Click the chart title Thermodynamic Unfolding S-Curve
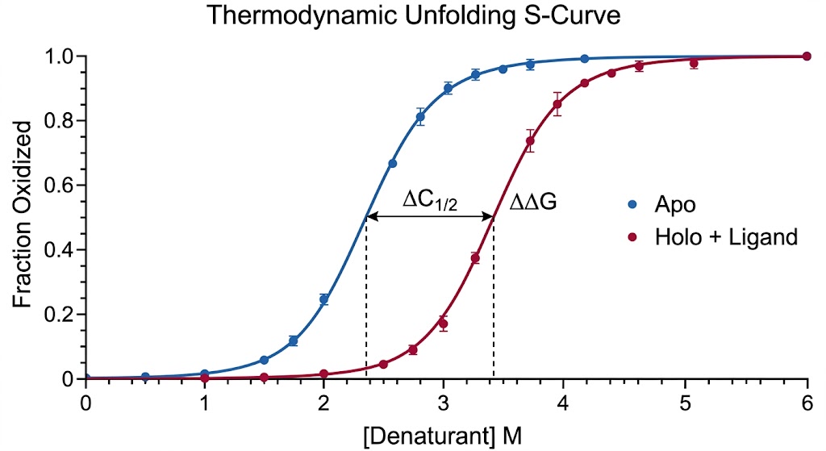point(413,16)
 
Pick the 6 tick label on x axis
point(806,399)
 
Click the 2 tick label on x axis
point(324,399)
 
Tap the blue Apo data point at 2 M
point(324,299)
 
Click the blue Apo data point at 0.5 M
point(145,377)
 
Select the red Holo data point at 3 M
point(443,324)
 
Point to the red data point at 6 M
point(806,56)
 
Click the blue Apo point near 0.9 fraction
point(448,88)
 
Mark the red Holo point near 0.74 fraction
point(530,141)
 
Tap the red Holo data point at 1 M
point(205,378)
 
